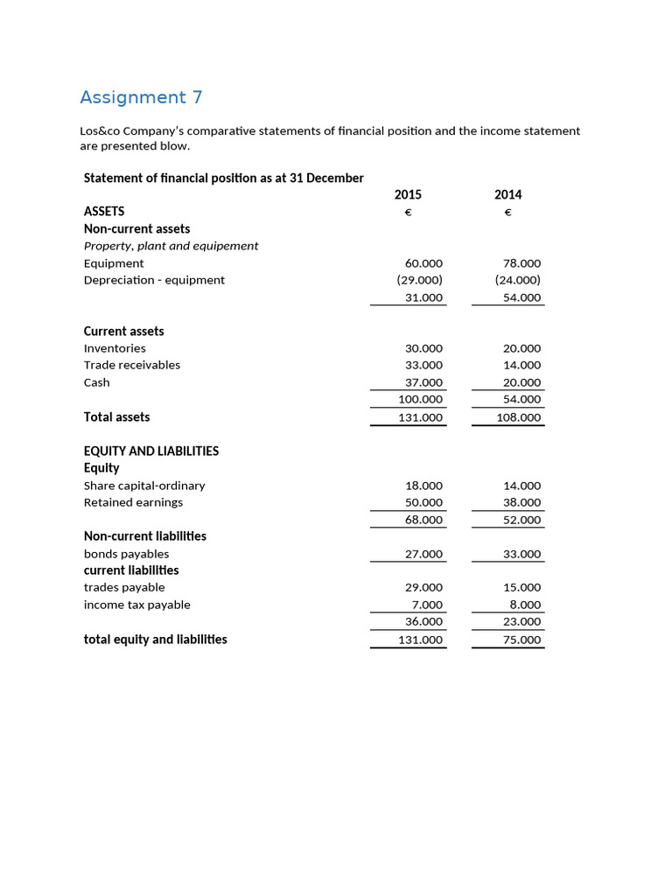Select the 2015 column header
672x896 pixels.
click(408, 195)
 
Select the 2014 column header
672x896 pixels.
click(507, 195)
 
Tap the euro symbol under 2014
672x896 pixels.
click(507, 213)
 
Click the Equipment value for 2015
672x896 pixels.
click(423, 263)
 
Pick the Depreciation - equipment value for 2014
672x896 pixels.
click(517, 280)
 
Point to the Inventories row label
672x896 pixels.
click(115, 348)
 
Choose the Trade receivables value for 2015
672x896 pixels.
click(423, 365)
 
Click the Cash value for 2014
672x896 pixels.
click(521, 382)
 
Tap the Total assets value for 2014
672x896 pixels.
click(519, 417)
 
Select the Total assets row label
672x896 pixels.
click(116, 417)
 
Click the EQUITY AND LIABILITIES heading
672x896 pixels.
click(151, 451)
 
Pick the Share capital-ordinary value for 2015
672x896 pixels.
click(423, 486)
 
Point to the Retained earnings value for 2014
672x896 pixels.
click(521, 502)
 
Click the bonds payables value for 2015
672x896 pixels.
click(423, 554)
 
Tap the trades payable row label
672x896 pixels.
click(124, 587)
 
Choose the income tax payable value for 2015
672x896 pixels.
click(427, 605)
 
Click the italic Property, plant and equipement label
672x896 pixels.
click(171, 246)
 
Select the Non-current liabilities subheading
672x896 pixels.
click(145, 535)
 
